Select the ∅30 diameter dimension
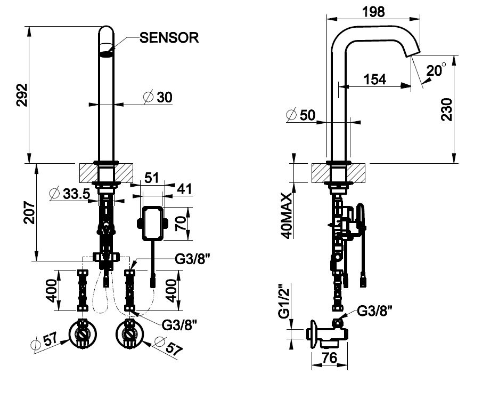(x=158, y=97)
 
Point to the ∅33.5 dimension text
(x=69, y=194)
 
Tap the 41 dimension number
(x=184, y=189)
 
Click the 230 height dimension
(x=447, y=110)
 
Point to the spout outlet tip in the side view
(x=413, y=52)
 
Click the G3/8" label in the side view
(x=379, y=311)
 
